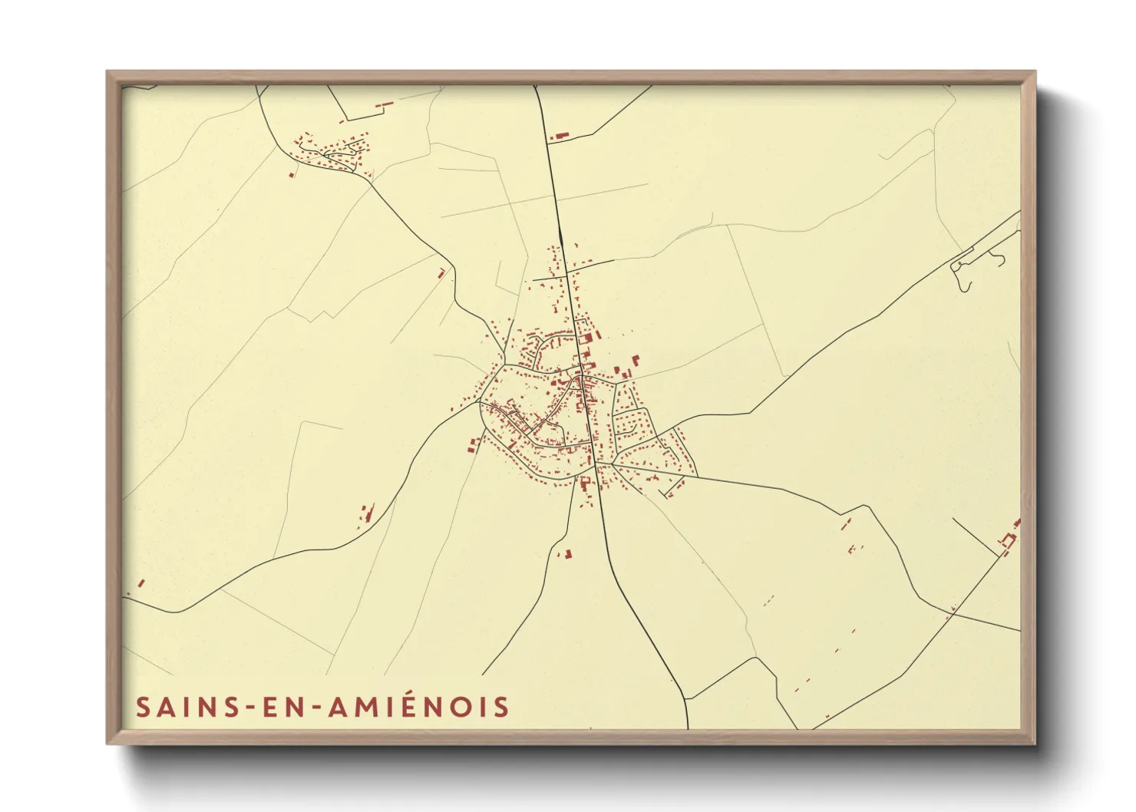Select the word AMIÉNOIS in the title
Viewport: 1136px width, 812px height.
(419, 707)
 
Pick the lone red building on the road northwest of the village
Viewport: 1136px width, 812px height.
(441, 272)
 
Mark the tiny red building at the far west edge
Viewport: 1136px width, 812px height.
(140, 583)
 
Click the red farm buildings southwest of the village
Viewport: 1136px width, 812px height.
(367, 513)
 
